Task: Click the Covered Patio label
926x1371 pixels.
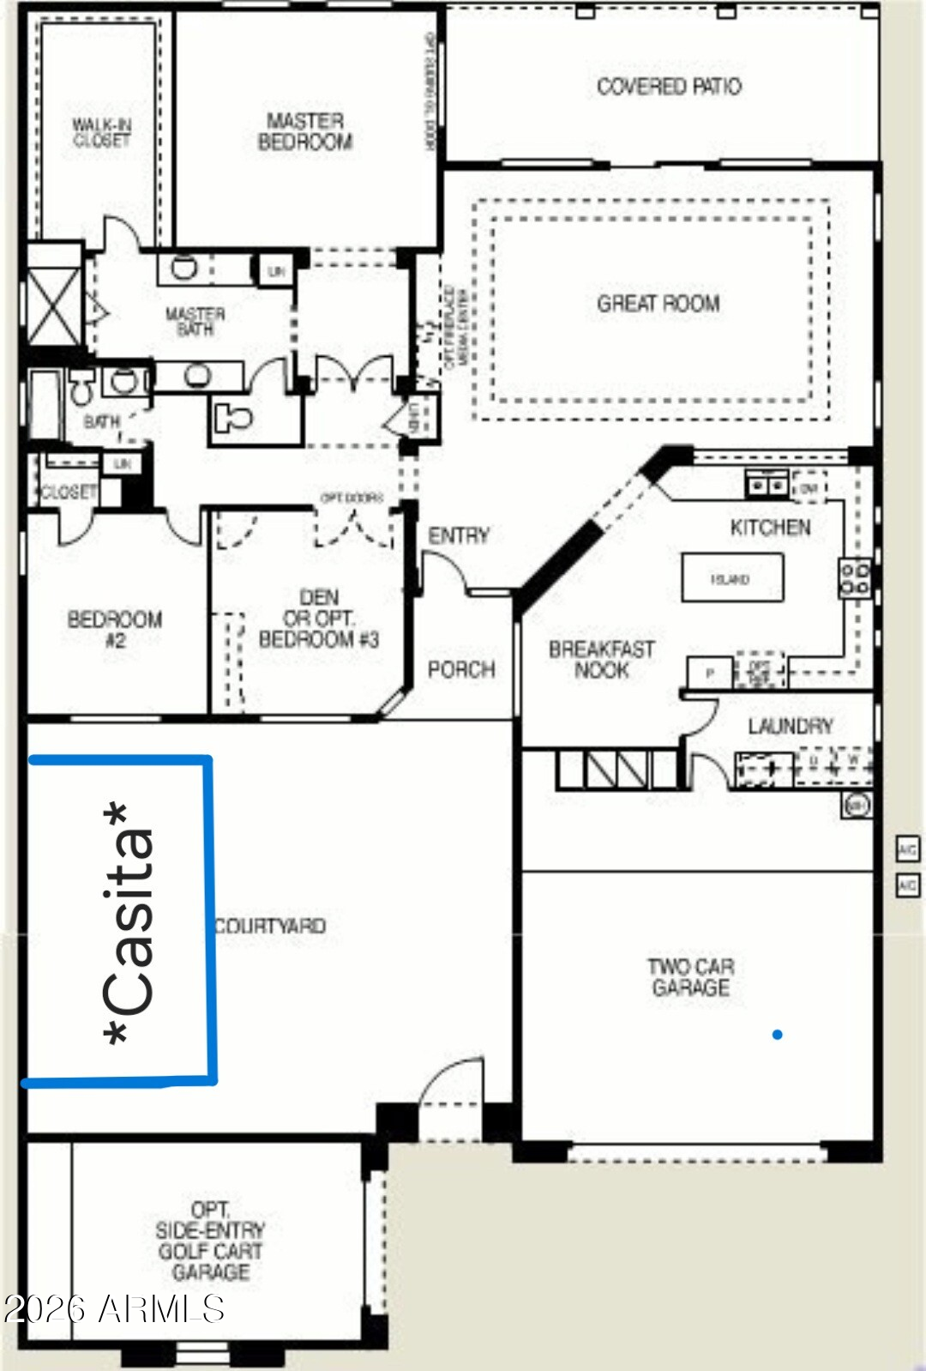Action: pos(669,86)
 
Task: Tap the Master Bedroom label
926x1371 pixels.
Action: pos(305,131)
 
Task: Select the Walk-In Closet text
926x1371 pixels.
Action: pos(101,132)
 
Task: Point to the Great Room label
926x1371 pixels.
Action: pos(658,303)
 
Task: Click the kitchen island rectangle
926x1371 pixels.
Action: pos(732,577)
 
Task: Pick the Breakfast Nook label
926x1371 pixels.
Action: pos(601,660)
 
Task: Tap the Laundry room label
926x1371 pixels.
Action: pos(790,727)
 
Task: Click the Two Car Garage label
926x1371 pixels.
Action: pos(690,977)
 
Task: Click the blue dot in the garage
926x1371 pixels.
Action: pos(777,1035)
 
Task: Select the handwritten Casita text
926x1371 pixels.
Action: pos(129,922)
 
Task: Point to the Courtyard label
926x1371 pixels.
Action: pos(271,926)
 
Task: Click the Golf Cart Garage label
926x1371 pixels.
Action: pos(210,1241)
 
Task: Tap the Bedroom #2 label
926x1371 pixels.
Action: pos(115,629)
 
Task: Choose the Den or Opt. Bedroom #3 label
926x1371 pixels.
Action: pos(318,619)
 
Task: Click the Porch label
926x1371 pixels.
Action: pos(461,669)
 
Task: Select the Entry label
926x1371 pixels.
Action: pos(459,535)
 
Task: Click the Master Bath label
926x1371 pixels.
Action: pos(195,321)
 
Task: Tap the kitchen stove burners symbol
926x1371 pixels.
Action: pos(855,578)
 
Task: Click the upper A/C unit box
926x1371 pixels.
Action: pos(907,849)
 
